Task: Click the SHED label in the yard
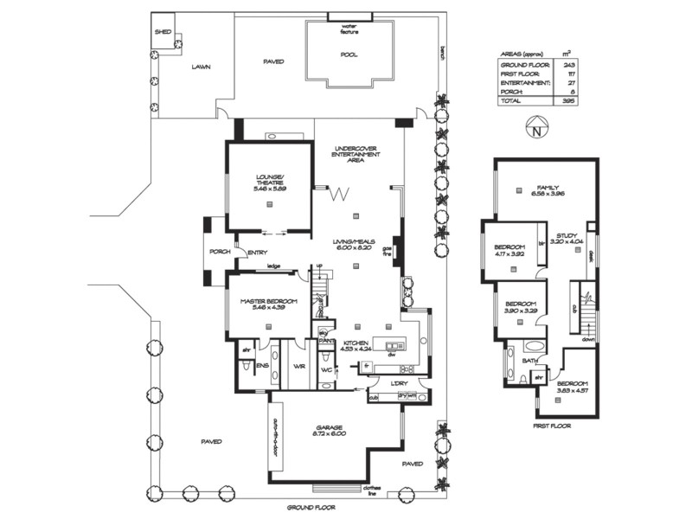pyautogui.click(x=162, y=31)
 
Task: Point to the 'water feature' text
pyautogui.click(x=349, y=28)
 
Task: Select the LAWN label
pyautogui.click(x=201, y=67)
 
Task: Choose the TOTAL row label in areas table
pyautogui.click(x=511, y=100)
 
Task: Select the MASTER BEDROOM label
pyautogui.click(x=269, y=301)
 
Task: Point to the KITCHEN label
pyautogui.click(x=357, y=343)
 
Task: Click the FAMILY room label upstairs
pyautogui.click(x=547, y=187)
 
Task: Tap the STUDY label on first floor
pyautogui.click(x=567, y=234)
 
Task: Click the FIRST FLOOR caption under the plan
pyautogui.click(x=552, y=426)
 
